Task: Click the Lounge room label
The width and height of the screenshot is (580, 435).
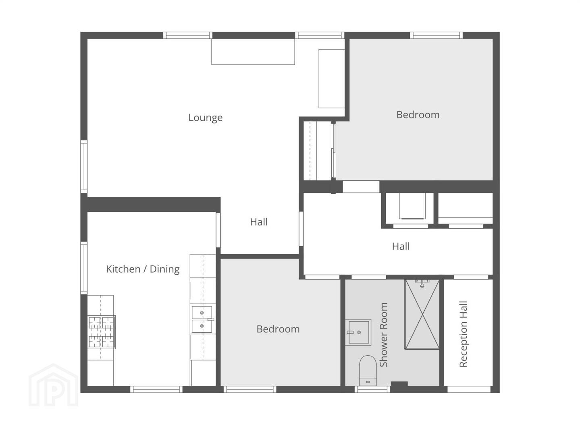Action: [205, 118]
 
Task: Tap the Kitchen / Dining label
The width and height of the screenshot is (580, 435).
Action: [143, 269]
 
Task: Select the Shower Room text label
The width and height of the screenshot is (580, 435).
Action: [383, 335]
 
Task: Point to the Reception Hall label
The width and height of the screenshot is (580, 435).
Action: [464, 334]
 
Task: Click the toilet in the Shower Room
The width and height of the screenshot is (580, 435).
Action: [368, 370]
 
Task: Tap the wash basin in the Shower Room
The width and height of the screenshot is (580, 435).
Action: [358, 332]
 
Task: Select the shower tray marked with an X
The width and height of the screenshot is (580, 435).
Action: [422, 315]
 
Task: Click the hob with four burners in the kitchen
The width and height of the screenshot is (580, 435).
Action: [102, 332]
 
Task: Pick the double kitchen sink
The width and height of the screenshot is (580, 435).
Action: [202, 319]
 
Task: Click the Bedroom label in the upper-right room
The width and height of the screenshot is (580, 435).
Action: [418, 115]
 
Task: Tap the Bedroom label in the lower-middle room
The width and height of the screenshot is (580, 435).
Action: [278, 329]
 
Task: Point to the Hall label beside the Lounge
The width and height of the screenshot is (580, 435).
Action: [259, 222]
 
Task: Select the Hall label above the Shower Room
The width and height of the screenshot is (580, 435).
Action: [401, 246]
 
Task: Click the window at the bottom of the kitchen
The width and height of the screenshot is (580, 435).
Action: [156, 389]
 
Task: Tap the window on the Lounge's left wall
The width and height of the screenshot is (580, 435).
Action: [84, 167]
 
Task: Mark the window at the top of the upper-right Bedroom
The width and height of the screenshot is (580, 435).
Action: [436, 35]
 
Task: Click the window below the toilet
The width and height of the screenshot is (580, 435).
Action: [372, 389]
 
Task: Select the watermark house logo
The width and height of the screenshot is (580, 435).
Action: [53, 385]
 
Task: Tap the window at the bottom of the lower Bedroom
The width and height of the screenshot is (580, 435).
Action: [250, 389]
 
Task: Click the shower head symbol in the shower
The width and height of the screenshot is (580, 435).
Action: [422, 283]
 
